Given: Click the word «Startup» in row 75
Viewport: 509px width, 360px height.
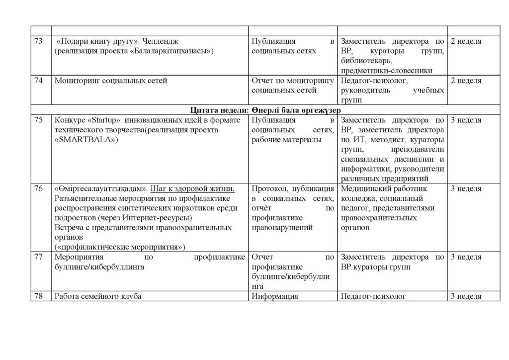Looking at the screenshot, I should pos(104,120).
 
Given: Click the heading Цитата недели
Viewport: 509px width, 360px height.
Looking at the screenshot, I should pos(217,110).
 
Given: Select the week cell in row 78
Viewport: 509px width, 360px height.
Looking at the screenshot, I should pos(466,296).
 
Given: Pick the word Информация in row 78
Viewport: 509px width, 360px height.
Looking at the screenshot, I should pos(275,296).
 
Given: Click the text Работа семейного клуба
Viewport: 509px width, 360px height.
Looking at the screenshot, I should pos(98,296).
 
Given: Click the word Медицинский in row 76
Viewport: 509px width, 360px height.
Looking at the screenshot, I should pos(365,189).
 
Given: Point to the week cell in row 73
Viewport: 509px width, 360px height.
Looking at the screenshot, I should pos(466,41).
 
